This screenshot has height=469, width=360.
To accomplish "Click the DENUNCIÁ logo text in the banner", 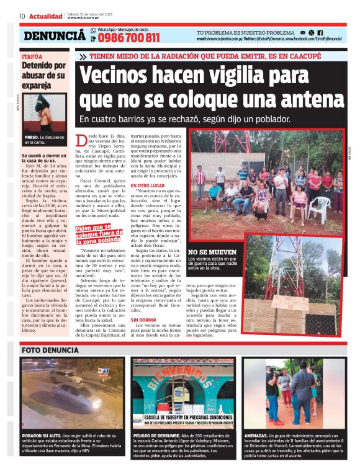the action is [55, 36].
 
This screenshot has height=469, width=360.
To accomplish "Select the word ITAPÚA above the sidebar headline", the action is [32, 56].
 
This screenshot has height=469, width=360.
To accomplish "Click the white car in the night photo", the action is [62, 377].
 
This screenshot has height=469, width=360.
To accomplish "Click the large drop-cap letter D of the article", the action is [81, 141].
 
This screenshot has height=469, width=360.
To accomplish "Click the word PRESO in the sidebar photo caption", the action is [32, 136].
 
